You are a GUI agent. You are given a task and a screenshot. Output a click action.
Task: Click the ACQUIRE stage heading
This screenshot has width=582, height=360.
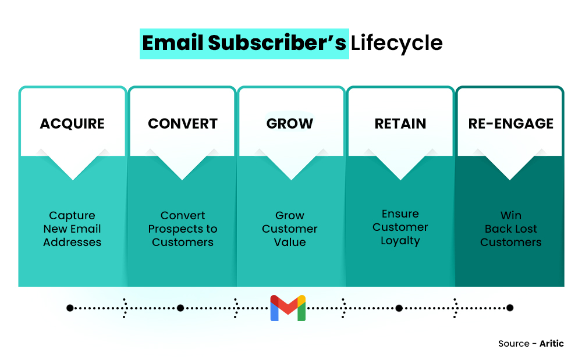tap(72, 124)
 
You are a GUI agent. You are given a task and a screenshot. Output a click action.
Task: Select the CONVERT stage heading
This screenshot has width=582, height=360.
tap(183, 124)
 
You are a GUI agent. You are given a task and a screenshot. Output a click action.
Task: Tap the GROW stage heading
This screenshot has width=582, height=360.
tap(290, 124)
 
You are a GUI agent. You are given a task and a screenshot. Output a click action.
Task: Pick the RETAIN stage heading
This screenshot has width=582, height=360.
tap(400, 124)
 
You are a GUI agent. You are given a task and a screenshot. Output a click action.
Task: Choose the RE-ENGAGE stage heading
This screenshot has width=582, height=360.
tap(510, 124)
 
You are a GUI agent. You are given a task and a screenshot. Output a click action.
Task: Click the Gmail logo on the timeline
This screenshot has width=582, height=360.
tap(288, 308)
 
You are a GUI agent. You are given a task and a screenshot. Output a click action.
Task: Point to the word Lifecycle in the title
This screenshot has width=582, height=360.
tap(396, 44)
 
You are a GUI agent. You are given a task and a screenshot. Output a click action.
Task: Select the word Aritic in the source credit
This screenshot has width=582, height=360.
tap(552, 344)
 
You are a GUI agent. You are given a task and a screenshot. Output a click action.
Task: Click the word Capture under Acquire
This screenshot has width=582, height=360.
tap(72, 216)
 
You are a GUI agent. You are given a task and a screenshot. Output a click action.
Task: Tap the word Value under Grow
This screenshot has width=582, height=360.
tap(290, 243)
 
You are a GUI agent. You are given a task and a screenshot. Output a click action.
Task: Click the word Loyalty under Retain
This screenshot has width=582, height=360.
tap(400, 241)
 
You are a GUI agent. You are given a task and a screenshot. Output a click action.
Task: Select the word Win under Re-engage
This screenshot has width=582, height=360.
tap(510, 216)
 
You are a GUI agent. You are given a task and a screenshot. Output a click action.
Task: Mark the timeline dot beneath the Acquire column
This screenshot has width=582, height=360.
tap(70, 308)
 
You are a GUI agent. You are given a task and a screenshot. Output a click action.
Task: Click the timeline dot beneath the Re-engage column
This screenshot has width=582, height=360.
tap(510, 308)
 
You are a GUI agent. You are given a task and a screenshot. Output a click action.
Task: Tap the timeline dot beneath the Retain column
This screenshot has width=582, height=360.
tap(399, 308)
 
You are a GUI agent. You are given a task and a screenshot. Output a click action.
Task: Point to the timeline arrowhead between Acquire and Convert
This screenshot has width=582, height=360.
tap(125, 308)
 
